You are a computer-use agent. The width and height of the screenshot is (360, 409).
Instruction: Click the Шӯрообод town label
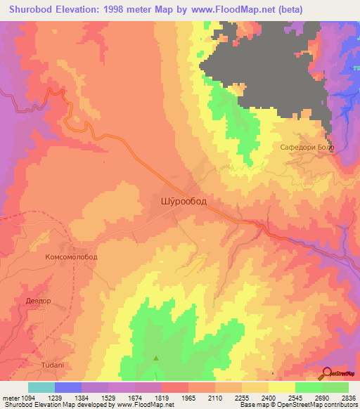(x=179, y=202)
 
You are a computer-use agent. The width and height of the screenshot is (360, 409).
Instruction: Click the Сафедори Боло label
(x=308, y=148)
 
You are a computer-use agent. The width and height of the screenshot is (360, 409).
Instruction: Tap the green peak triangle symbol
(x=156, y=358)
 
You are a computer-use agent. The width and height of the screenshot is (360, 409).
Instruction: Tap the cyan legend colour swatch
(x=41, y=387)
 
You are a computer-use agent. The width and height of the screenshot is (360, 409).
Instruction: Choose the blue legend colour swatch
(x=68, y=387)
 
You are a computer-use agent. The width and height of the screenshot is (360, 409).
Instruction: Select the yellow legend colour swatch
(x=282, y=387)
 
